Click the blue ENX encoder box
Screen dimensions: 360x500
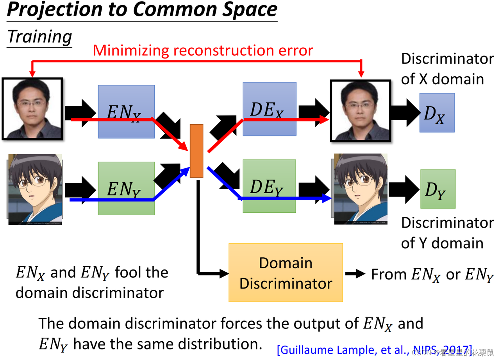[x=126, y=111]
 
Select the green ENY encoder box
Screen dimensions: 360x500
[x=126, y=188]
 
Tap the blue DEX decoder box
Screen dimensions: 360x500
[x=269, y=109]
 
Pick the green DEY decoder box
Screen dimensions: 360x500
[x=269, y=186]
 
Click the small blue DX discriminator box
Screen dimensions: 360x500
[x=437, y=112]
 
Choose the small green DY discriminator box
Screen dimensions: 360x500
[x=437, y=189]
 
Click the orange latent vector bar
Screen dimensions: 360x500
[x=196, y=151]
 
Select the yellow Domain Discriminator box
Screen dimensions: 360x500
[x=286, y=273]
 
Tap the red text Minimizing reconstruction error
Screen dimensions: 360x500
[x=203, y=50]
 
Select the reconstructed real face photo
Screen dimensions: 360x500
[x=360, y=110]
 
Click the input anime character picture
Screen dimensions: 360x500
[x=35, y=189]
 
